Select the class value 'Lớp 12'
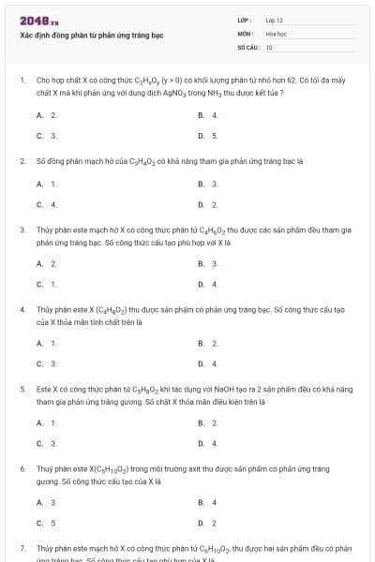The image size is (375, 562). [274, 20]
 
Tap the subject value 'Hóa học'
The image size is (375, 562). [276, 33]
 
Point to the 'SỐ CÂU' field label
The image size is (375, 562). [247, 46]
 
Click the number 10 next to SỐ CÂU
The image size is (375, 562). [269, 46]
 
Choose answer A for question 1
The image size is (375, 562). [47, 114]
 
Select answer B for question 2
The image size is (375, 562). [208, 184]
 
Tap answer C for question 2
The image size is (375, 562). [47, 204]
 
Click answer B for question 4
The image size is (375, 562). [208, 343]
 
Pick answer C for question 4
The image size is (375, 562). [47, 363]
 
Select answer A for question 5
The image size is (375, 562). [47, 422]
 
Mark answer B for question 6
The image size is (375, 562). [208, 502]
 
